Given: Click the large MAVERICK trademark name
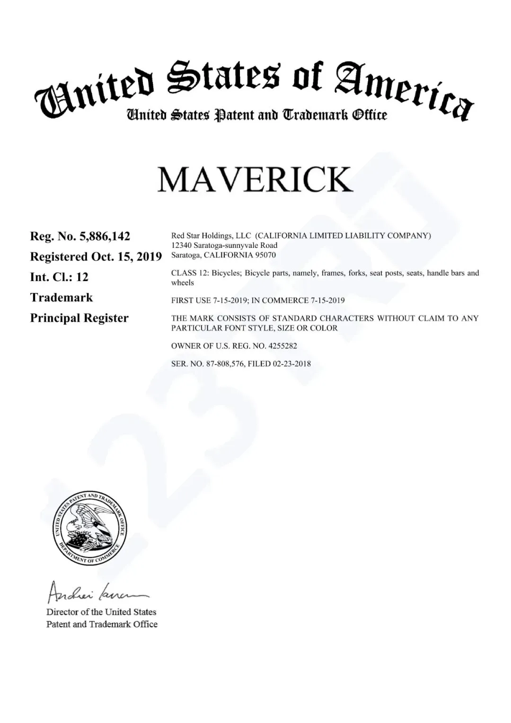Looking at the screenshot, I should [255, 179].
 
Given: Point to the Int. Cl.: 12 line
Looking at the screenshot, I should [59, 277].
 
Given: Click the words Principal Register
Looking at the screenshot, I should [79, 318].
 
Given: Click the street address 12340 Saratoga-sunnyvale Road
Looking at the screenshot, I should [224, 245].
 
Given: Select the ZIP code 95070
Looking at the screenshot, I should [266, 255].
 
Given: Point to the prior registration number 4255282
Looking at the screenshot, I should [282, 346].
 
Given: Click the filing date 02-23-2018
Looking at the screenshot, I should [292, 364].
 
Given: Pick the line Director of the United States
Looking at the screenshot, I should [101, 612].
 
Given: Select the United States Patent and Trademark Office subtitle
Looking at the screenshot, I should [256, 115].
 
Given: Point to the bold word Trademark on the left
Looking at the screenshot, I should [62, 298].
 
